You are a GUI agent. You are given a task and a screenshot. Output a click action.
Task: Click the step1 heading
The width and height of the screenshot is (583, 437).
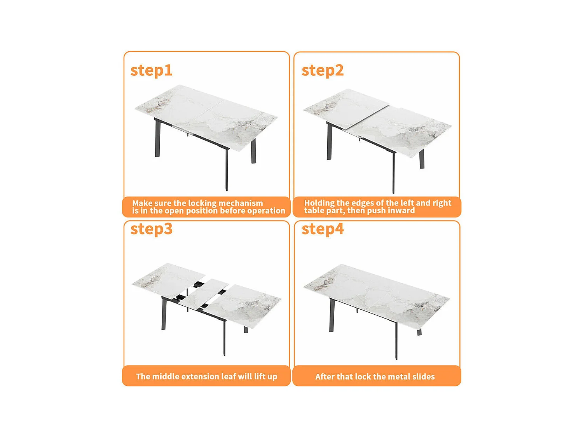151,71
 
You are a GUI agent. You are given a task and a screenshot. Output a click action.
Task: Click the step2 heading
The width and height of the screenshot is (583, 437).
323,71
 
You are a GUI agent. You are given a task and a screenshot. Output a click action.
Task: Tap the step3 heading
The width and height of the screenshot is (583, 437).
152,229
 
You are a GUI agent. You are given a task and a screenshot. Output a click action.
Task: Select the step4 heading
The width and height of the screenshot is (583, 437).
323,229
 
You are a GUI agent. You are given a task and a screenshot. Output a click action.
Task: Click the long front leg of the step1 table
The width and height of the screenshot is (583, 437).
227,169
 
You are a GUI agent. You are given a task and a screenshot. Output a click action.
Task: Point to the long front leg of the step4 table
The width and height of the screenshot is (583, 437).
396,341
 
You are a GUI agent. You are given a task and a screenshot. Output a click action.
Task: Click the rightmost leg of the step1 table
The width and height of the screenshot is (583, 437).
253,151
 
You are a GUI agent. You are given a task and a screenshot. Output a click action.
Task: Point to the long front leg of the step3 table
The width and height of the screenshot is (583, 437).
224,338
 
